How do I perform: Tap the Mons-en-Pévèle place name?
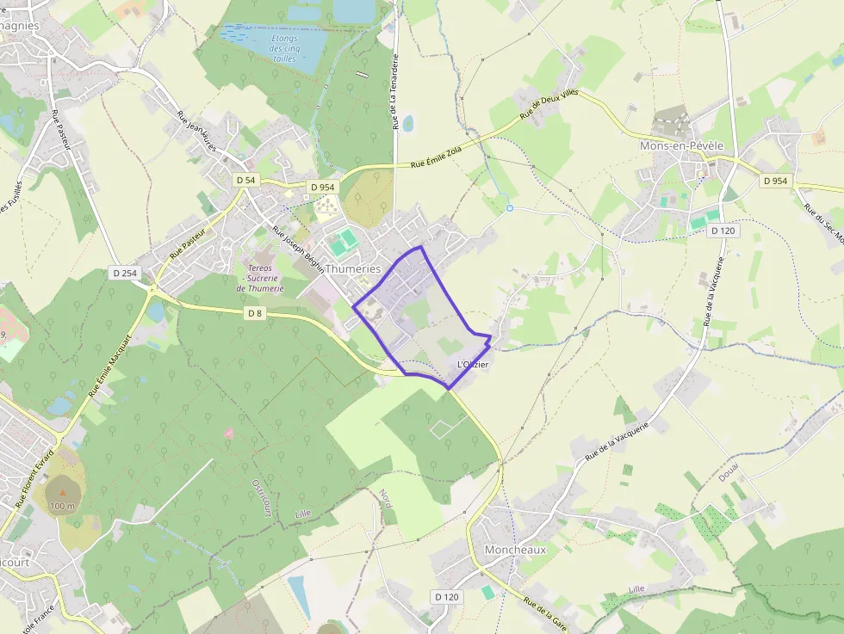click(681, 146)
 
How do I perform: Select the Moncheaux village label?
click(515, 549)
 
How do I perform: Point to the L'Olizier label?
click(473, 365)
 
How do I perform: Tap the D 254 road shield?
click(125, 273)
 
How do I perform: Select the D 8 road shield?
click(254, 313)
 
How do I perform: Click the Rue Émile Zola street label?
click(438, 159)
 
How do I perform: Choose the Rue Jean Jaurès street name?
click(208, 134)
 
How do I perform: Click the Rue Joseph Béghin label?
click(299, 250)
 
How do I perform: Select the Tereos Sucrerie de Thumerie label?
click(260, 278)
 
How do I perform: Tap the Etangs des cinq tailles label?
click(283, 48)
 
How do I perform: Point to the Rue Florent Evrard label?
click(34, 478)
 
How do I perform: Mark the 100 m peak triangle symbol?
click(62, 492)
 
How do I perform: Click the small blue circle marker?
click(509, 207)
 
